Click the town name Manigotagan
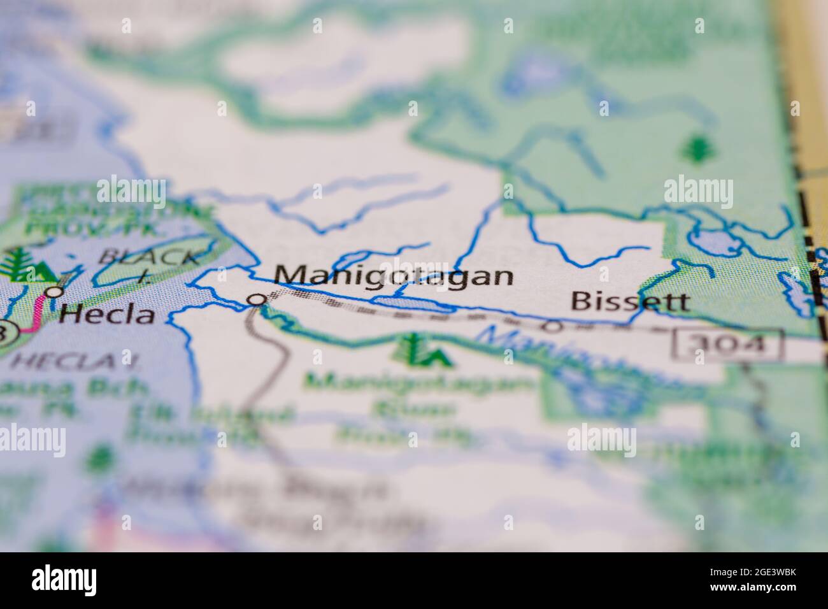pos(395,276)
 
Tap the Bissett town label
pos(629,301)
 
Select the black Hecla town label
pos(107,314)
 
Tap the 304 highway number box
pos(727,345)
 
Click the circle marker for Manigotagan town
pos(257,299)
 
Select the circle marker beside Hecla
pos(55,292)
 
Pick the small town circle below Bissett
pos(553,327)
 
